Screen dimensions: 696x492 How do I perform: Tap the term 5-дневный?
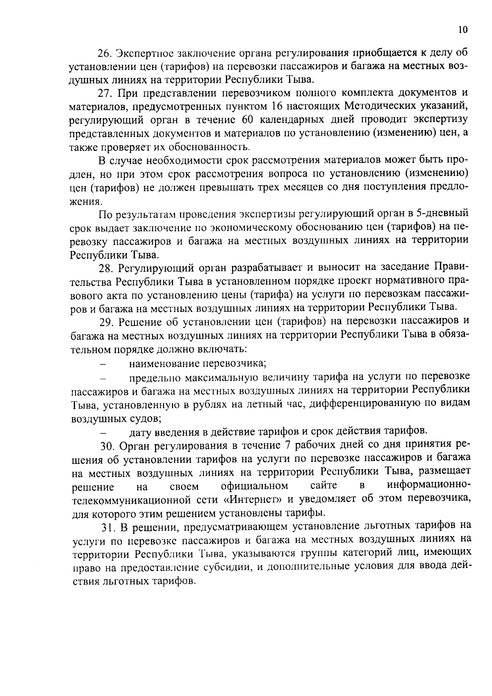tap(442, 214)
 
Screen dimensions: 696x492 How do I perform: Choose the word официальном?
tap(254, 486)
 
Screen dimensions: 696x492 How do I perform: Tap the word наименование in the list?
tap(164, 363)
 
